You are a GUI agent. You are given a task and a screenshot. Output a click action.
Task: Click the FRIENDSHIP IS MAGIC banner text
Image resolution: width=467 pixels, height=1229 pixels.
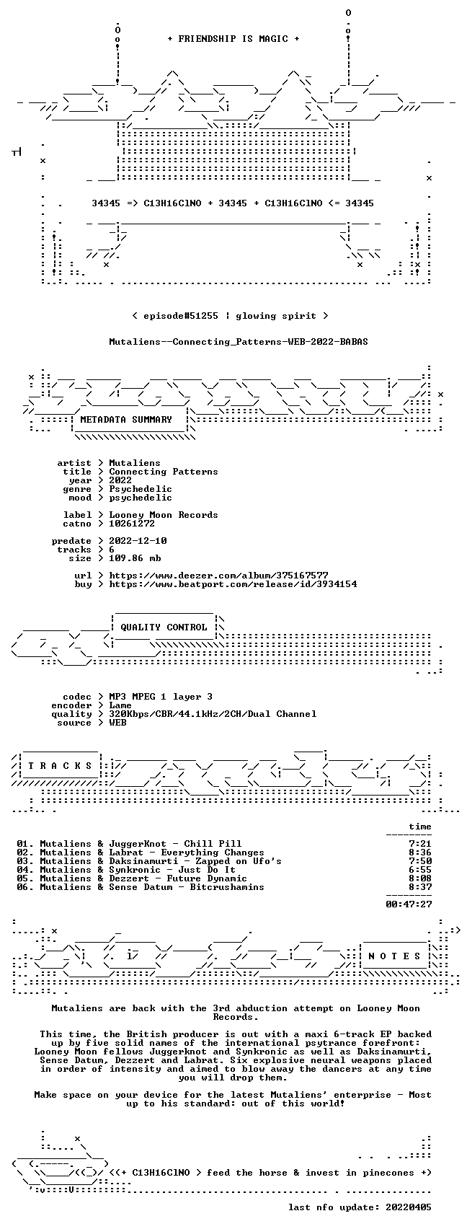(x=233, y=39)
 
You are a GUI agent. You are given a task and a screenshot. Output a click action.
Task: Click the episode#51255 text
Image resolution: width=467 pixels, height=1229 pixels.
(x=180, y=316)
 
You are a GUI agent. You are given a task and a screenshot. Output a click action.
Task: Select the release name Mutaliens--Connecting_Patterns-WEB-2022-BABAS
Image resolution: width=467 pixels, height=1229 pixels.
(x=239, y=342)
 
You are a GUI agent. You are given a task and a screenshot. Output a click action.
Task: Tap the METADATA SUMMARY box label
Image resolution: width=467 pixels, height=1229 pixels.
(x=126, y=420)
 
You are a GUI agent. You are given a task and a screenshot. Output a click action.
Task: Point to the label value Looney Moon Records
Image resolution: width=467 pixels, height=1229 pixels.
(x=164, y=515)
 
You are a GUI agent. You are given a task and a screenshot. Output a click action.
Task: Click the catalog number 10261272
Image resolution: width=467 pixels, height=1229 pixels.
(x=132, y=524)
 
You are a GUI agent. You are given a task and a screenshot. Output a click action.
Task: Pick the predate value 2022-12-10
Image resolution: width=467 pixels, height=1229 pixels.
(x=138, y=541)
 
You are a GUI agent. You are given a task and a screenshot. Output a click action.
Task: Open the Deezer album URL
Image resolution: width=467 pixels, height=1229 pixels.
(x=218, y=576)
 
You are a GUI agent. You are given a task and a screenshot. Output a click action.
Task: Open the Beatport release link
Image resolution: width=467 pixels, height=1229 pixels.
(x=233, y=584)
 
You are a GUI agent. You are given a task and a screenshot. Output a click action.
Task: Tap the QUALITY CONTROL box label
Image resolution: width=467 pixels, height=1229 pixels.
(x=164, y=627)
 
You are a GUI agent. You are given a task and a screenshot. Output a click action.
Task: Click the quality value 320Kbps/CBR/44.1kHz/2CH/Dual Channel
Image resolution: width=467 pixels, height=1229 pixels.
(x=213, y=714)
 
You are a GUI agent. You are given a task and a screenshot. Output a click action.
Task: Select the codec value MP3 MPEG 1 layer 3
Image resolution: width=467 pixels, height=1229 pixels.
(x=161, y=697)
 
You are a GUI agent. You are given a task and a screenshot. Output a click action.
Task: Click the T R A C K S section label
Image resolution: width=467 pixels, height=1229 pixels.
(x=60, y=765)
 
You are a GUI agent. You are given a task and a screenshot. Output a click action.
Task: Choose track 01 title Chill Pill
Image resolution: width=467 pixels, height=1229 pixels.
(x=213, y=844)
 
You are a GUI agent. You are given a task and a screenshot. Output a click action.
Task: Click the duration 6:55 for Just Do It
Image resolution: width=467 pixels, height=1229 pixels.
(x=420, y=870)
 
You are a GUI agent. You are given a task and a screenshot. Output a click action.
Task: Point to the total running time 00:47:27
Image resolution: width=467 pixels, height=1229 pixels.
(x=409, y=904)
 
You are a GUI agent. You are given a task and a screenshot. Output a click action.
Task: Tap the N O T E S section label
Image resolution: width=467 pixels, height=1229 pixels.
(x=394, y=956)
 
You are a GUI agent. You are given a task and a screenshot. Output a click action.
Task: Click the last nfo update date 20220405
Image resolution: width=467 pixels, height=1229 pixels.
(x=409, y=1207)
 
